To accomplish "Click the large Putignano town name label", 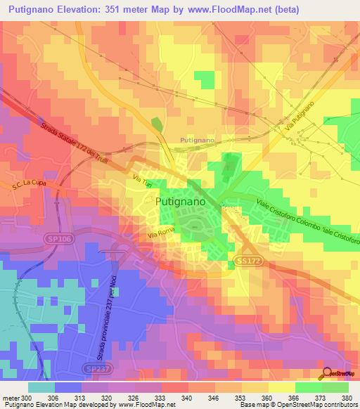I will pyautogui.click(x=179, y=202).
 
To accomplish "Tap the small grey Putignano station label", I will pyautogui.click(x=198, y=141).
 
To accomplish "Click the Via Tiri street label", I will pyautogui.click(x=143, y=183).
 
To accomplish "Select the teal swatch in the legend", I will pyautogui.click(x=41, y=387).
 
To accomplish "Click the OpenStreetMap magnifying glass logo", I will pyautogui.click(x=327, y=373).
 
